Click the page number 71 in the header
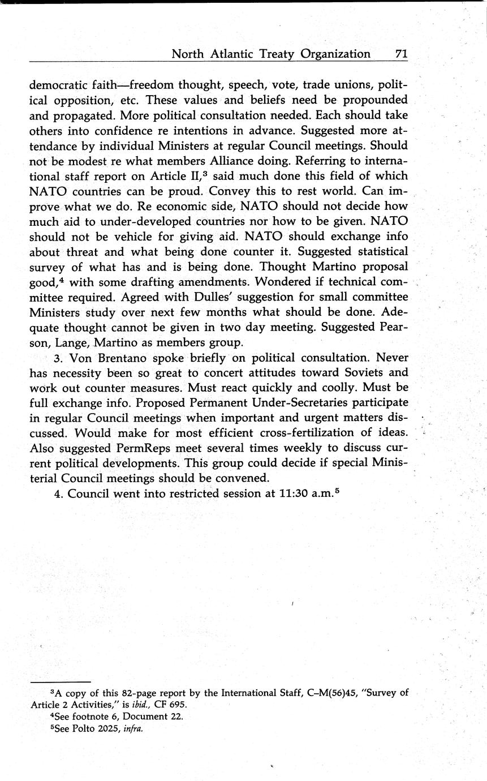(401, 54)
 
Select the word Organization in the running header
(336, 54)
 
